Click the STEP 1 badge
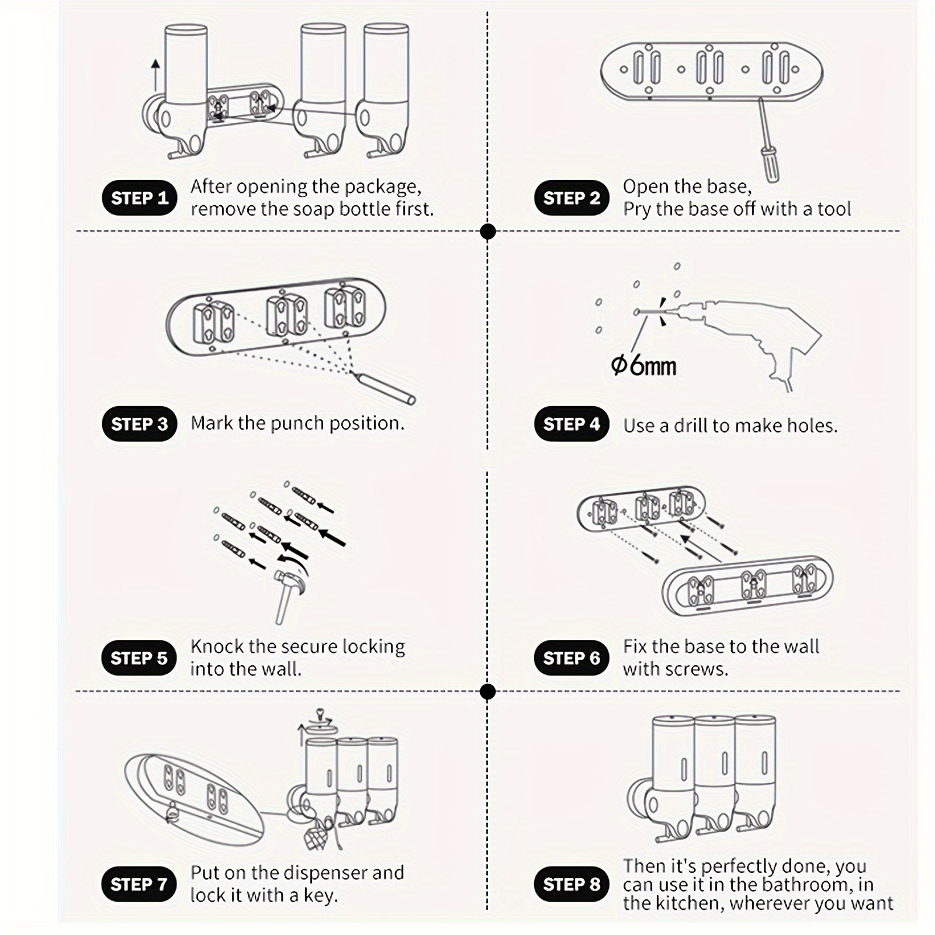point(139,198)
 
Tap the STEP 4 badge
point(572,424)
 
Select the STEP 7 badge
point(139,884)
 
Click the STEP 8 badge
point(572,884)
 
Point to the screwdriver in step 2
point(768,140)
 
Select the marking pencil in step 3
point(383,388)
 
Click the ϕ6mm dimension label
point(643,366)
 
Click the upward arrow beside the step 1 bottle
point(155,75)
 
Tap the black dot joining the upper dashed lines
point(487,232)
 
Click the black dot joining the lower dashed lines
point(487,692)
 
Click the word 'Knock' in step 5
point(217,646)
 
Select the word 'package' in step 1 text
point(382,187)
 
